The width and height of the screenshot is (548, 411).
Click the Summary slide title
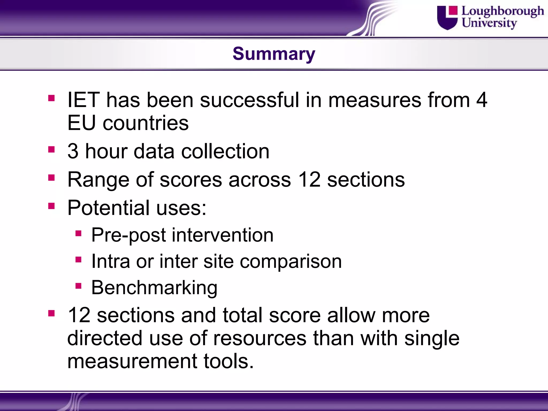(274, 54)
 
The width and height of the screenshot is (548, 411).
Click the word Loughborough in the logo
(503, 11)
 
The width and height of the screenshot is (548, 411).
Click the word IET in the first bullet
(83, 100)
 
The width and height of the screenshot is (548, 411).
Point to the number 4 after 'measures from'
(481, 100)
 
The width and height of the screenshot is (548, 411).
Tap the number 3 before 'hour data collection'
(73, 151)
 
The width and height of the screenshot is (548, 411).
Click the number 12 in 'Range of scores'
(309, 180)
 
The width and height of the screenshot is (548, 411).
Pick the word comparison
(291, 261)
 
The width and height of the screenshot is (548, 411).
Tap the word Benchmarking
(154, 288)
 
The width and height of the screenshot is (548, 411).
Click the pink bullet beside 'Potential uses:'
(51, 206)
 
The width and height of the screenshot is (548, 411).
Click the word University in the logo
(489, 23)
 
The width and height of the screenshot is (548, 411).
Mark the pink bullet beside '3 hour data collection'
(51, 149)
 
